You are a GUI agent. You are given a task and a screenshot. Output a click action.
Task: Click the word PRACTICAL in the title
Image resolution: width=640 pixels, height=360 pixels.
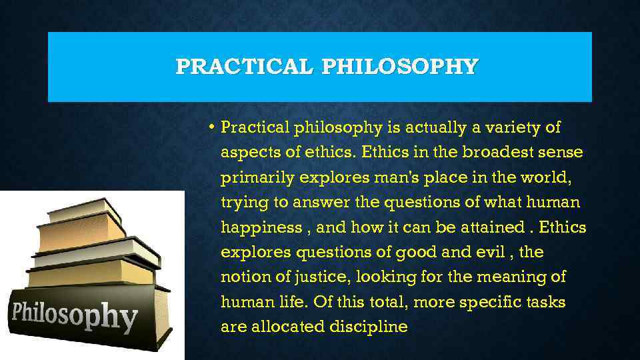pos(245,67)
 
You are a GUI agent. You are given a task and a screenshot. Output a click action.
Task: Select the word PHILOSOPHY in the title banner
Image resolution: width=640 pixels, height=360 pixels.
pos(400,67)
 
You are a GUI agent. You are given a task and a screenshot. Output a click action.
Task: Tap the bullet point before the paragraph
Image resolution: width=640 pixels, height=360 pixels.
pos(210,127)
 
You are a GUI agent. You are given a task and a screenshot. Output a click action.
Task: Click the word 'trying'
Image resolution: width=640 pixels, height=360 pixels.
pos(241,203)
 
